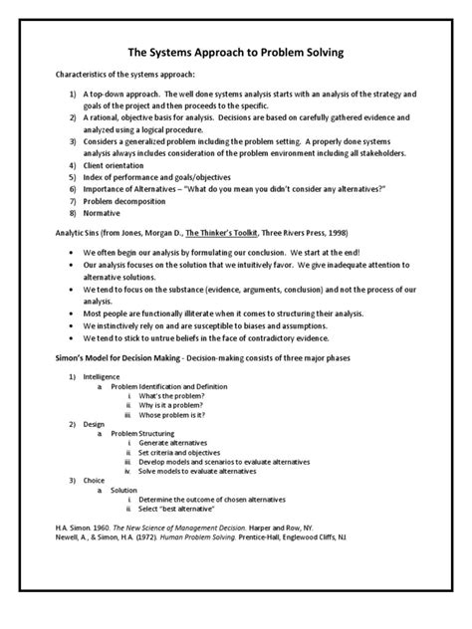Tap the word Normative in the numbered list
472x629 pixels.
[104, 214]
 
